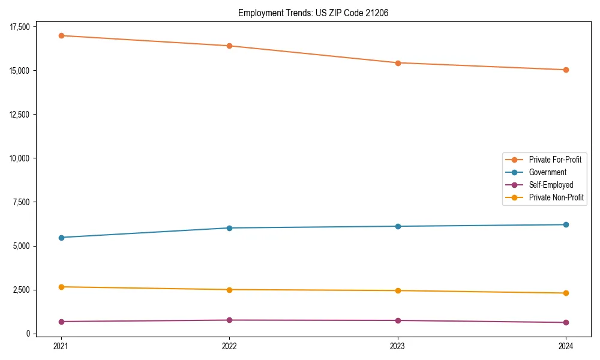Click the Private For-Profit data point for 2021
pyautogui.click(x=61, y=35)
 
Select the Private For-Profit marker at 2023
pyautogui.click(x=398, y=63)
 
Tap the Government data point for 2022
pyautogui.click(x=229, y=228)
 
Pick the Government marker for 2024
pyautogui.click(x=566, y=224)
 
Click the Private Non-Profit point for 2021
pyautogui.click(x=61, y=287)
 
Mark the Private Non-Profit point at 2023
pyautogui.click(x=398, y=290)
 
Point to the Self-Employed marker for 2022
pyautogui.click(x=229, y=320)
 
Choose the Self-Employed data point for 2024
pyautogui.click(x=566, y=322)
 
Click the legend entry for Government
pyautogui.click(x=547, y=172)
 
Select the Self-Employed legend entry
pyautogui.click(x=551, y=185)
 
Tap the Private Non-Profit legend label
pyautogui.click(x=556, y=197)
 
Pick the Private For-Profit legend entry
pyautogui.click(x=555, y=160)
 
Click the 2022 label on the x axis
pyautogui.click(x=229, y=346)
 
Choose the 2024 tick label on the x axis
pyautogui.click(x=566, y=346)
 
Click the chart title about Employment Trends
pyautogui.click(x=313, y=13)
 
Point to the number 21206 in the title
pyautogui.click(x=377, y=13)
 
